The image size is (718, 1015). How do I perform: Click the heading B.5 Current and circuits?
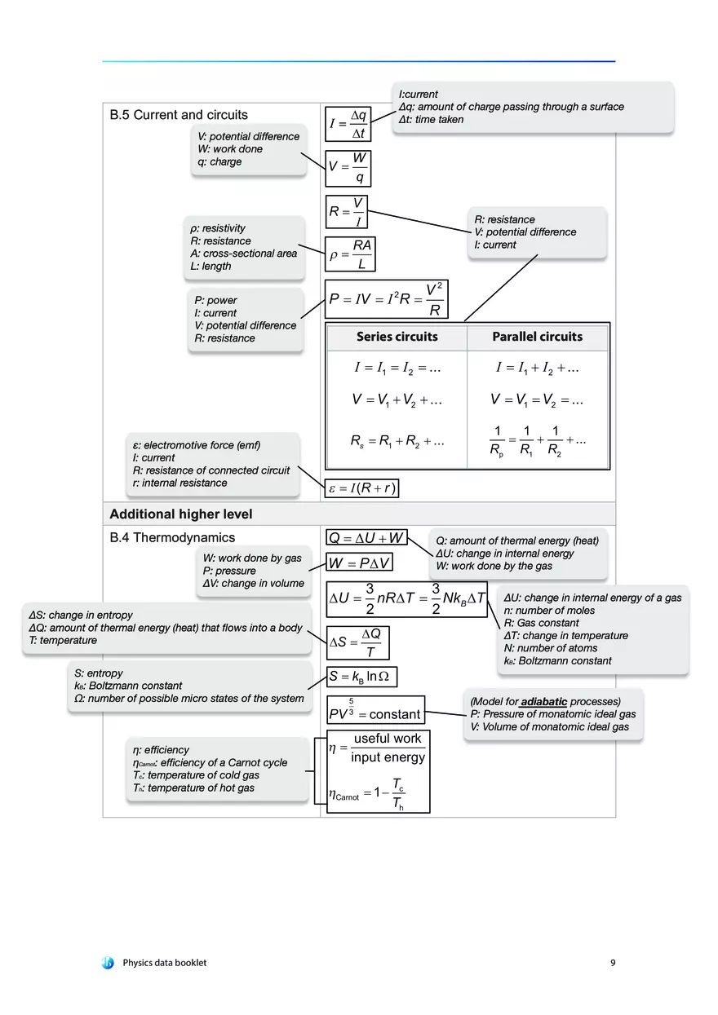click(179, 115)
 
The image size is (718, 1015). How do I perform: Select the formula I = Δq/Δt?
click(348, 124)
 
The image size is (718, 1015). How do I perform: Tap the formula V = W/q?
click(348, 166)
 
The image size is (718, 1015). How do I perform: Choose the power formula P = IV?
click(387, 299)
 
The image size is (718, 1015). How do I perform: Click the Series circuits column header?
click(397, 337)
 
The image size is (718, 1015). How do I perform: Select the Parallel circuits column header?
click(537, 337)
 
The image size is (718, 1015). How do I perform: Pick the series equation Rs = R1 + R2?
click(397, 441)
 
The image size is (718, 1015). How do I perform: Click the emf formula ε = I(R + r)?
click(362, 488)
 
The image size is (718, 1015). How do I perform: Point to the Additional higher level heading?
click(181, 514)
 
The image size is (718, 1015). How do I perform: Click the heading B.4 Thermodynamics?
click(172, 537)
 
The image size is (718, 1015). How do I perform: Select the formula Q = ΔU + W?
click(366, 537)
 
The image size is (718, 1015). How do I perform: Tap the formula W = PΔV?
click(360, 563)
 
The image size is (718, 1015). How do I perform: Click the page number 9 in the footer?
click(613, 963)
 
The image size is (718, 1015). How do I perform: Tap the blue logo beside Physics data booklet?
click(108, 963)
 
